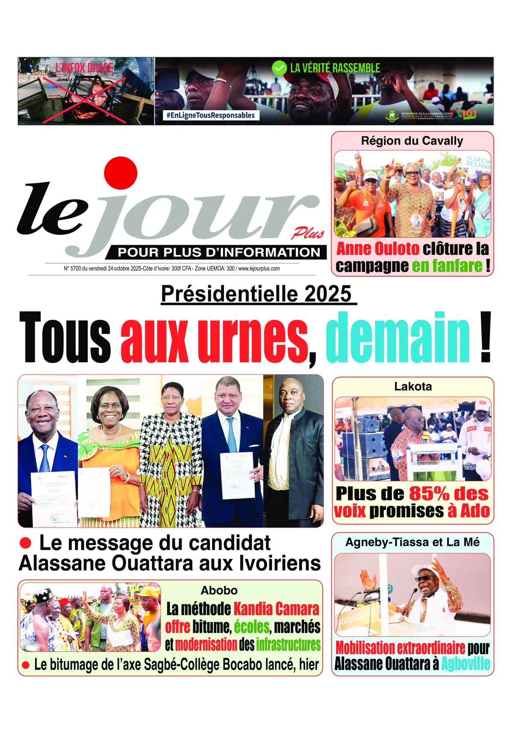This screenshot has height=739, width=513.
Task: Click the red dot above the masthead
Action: pyautogui.click(x=121, y=173)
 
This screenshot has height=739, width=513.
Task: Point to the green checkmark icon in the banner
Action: pyautogui.click(x=279, y=68)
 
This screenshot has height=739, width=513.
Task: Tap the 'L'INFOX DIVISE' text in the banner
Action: pyautogui.click(x=84, y=68)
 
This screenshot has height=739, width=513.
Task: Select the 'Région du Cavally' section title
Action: pyautogui.click(x=412, y=141)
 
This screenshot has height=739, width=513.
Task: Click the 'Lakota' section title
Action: pyautogui.click(x=413, y=387)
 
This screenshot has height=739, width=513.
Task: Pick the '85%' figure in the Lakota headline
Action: pyautogui.click(x=429, y=494)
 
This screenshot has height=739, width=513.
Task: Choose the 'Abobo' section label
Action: pyautogui.click(x=219, y=591)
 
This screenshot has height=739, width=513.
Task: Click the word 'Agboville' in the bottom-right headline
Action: pyautogui.click(x=466, y=664)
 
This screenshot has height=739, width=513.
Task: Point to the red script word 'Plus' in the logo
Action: pyautogui.click(x=308, y=233)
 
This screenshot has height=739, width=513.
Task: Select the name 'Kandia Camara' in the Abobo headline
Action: pyautogui.click(x=277, y=609)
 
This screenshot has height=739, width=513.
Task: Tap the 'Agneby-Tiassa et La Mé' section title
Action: pyautogui.click(x=413, y=542)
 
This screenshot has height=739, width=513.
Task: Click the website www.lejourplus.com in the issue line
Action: pyautogui.click(x=259, y=269)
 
